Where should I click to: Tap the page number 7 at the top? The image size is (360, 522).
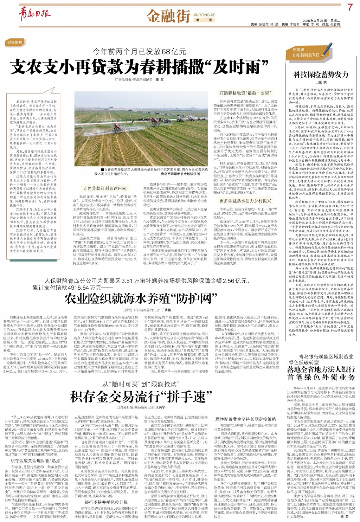tap(349, 7)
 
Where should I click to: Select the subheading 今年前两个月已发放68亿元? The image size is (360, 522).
tap(139, 51)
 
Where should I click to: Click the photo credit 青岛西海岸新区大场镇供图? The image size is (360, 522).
tap(180, 173)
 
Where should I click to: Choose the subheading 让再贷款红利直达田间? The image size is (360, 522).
tap(105, 188)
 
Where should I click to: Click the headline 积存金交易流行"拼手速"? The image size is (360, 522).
tap(139, 396)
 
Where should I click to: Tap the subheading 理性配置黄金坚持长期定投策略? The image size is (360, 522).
tap(245, 419)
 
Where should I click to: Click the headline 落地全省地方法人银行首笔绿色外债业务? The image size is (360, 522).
tap(321, 373)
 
